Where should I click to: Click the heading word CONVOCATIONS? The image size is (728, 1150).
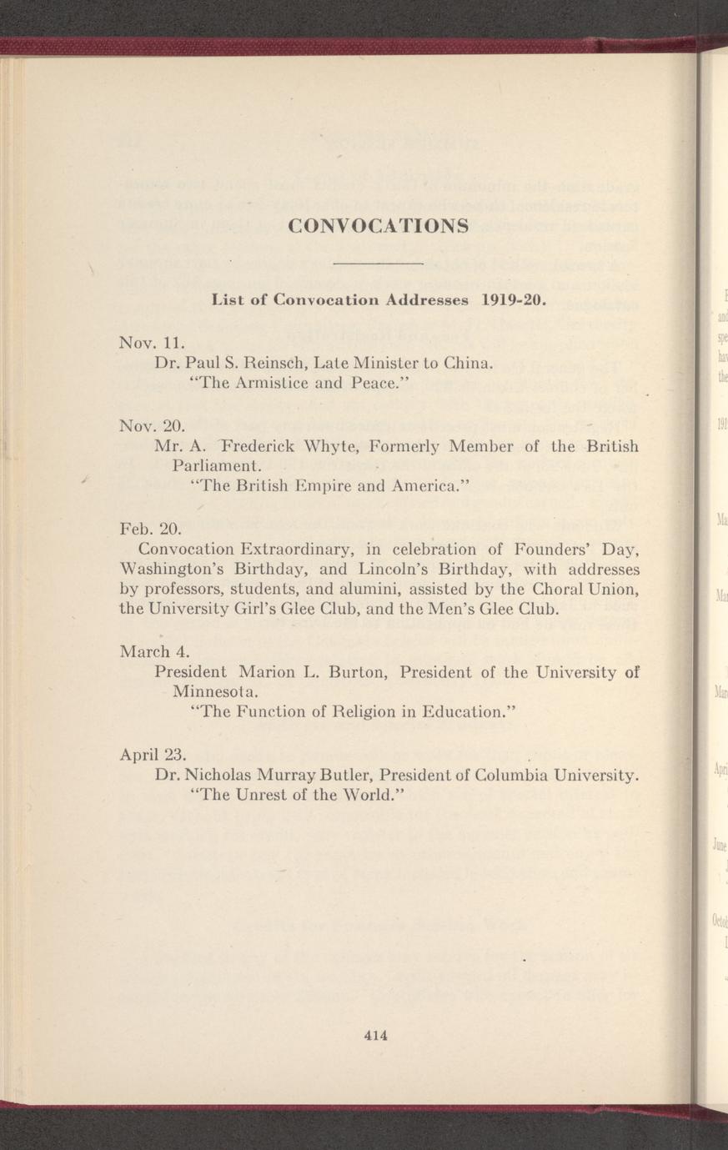pos(378,226)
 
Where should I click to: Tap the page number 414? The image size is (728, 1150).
pos(377,1036)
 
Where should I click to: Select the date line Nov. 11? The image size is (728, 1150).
pos(151,342)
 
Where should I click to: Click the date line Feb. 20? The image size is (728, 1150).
pos(150,528)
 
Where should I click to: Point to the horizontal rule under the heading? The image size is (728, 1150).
pos(378,264)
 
